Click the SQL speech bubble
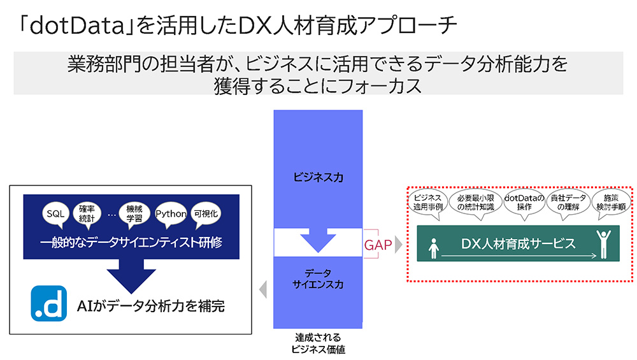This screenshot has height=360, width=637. tap(55, 214)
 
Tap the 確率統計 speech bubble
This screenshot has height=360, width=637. tap(87, 214)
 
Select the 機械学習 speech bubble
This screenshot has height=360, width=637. tap(135, 214)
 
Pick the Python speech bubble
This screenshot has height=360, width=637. tap(171, 214)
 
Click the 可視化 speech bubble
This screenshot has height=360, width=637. tap(205, 214)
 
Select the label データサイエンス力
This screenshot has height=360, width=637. tap(318, 278)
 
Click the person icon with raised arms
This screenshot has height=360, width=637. tap(603, 243)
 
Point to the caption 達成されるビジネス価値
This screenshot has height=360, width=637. tap(318, 343)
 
